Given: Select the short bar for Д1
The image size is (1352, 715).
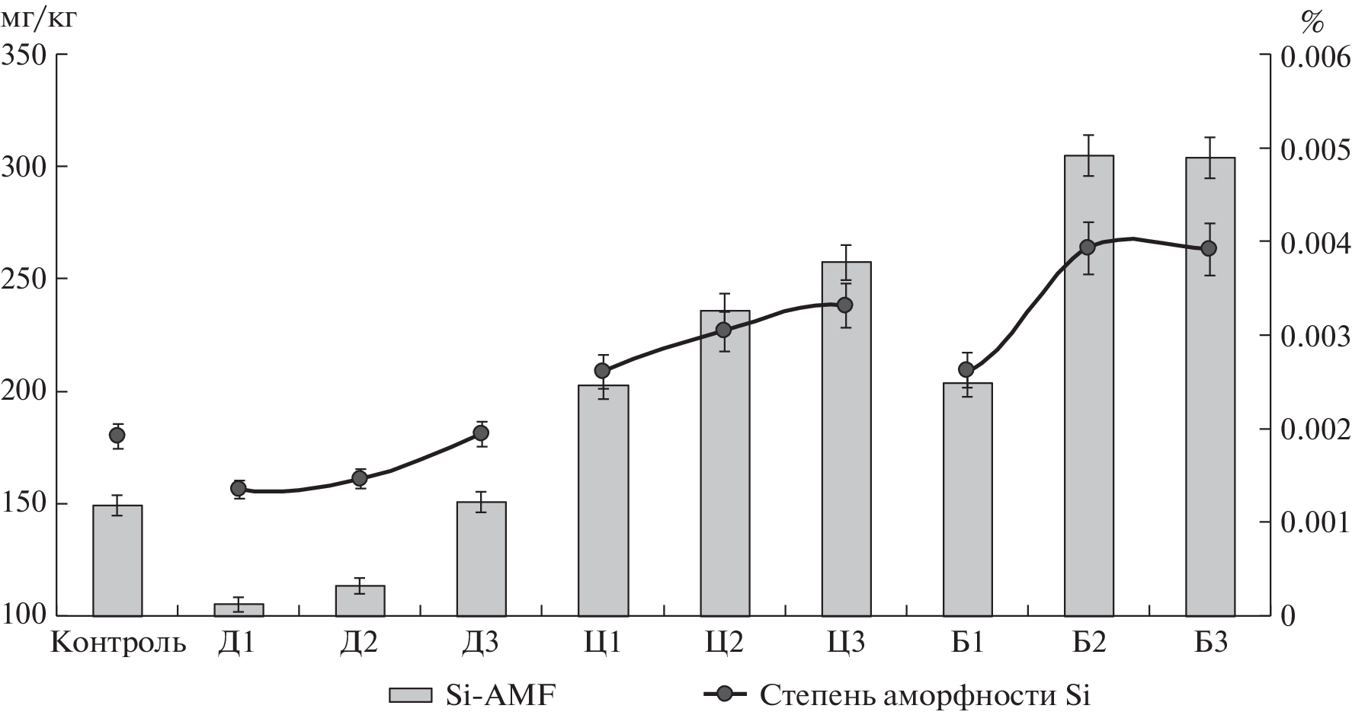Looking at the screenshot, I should coord(239,609).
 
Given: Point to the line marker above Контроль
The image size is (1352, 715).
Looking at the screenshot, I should coord(117,436).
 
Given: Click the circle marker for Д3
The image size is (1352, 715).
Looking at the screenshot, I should coord(481,433).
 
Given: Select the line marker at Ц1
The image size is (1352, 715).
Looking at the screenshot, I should coord(602,371).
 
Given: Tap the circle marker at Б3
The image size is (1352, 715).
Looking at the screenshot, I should coord(1208,248).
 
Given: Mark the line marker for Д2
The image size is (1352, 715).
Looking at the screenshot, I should coord(360,478).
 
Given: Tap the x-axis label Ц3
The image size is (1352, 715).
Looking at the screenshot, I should coord(845,643).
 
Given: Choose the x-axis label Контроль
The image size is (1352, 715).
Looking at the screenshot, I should coord(118,643).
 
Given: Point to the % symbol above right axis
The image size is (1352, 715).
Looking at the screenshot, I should coord(1312,23).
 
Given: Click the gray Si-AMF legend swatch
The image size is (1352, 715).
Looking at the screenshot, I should coord(412,694).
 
